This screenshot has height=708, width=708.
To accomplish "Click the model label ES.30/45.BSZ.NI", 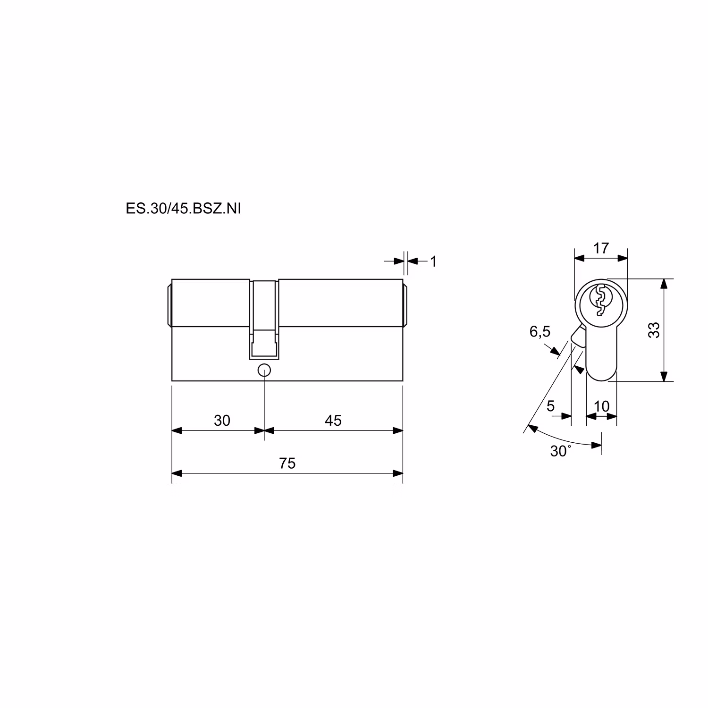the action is click(x=183, y=209).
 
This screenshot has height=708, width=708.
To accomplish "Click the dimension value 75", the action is click(x=287, y=464).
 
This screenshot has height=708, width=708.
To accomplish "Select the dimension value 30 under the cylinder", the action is click(x=222, y=421).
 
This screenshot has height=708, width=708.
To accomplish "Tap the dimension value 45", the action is click(x=333, y=421).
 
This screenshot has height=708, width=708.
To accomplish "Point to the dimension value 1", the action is click(x=433, y=261).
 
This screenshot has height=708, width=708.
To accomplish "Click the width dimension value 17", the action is click(x=601, y=248).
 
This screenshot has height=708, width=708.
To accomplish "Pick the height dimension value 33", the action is click(x=654, y=330).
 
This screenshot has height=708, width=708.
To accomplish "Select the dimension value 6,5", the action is click(x=540, y=332).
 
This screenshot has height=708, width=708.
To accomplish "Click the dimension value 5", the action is click(x=550, y=406).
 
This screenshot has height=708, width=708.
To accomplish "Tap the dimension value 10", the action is click(x=602, y=406).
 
